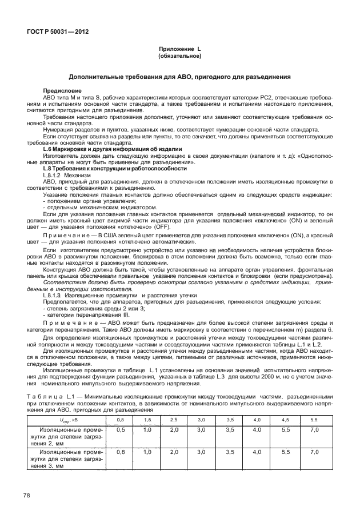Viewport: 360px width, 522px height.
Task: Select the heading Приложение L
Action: (180, 50)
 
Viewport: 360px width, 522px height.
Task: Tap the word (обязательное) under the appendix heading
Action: (180, 57)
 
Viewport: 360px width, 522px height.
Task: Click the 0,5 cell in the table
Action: (120, 429)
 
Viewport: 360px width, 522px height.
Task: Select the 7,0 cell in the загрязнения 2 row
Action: (314, 429)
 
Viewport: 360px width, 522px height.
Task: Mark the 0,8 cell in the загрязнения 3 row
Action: (120, 452)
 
